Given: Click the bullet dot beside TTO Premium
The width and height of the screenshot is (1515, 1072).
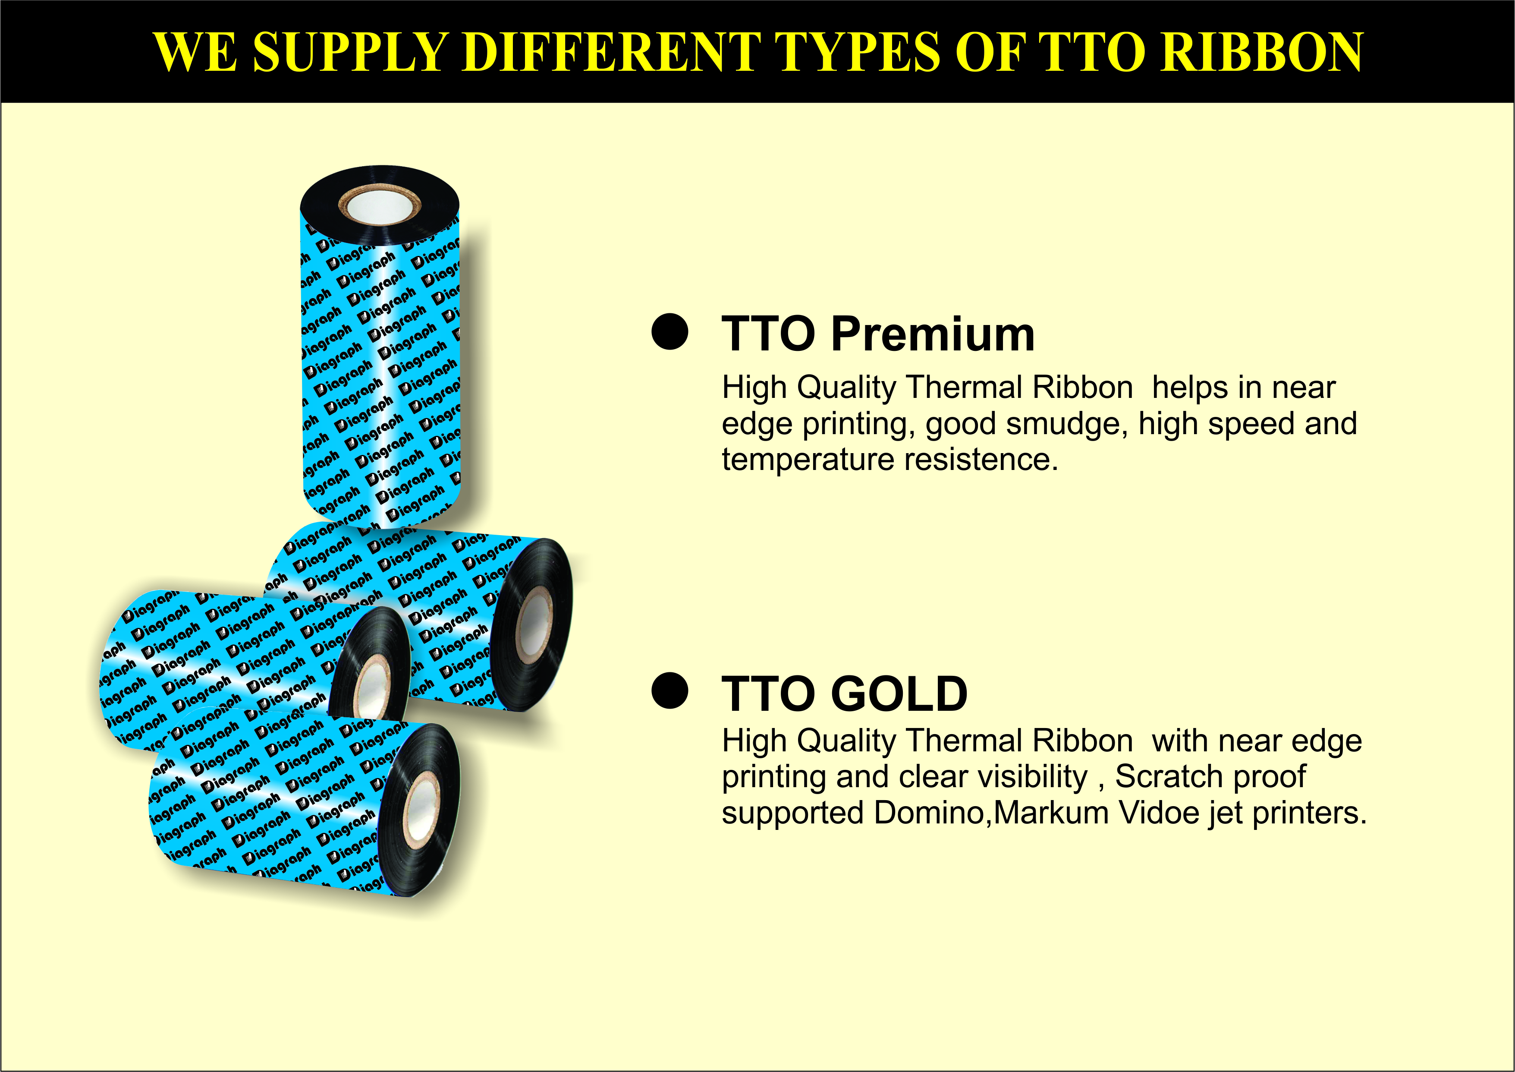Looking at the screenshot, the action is click(670, 331).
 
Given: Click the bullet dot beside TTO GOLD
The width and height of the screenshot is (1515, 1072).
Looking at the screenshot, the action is click(670, 690).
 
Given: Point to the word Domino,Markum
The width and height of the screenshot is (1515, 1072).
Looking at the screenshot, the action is click(991, 813).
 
